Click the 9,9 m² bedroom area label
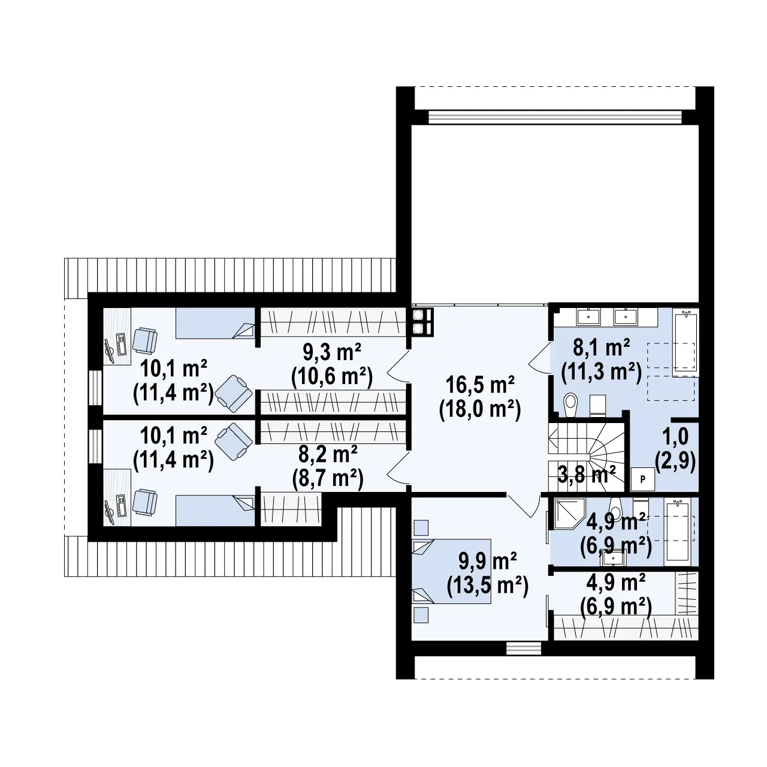point(487,575)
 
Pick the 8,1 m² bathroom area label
point(601,360)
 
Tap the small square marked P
point(642,479)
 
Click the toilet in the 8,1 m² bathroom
point(571,404)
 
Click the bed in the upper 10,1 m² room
point(215,324)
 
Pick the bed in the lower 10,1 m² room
point(215,510)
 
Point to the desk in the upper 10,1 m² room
point(117,336)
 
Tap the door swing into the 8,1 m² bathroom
point(539,360)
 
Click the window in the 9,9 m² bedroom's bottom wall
point(523,648)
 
